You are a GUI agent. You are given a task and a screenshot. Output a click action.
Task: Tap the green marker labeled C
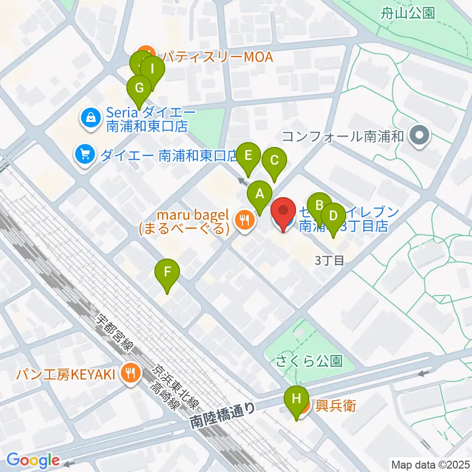click(274, 160)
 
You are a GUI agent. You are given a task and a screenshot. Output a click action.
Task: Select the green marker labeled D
click(333, 216)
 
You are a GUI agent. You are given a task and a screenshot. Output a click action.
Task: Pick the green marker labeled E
click(248, 155)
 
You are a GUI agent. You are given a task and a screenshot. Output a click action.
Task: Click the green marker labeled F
click(167, 271)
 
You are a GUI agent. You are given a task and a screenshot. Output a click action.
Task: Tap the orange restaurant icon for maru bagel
click(244, 219)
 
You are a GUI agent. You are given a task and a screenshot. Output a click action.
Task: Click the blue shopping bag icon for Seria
click(91, 118)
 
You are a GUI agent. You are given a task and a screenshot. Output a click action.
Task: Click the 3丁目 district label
click(329, 260)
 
